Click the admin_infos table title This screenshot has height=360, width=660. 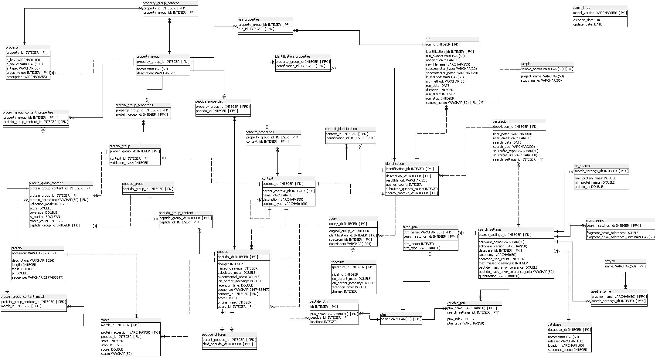[581, 8]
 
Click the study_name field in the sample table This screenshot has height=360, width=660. [541, 80]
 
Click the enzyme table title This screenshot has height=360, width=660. [610, 261]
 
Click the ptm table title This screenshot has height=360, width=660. [383, 314]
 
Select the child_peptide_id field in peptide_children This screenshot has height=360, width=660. [227, 344]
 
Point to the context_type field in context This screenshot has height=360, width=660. [285, 204]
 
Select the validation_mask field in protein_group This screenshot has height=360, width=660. [129, 163]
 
